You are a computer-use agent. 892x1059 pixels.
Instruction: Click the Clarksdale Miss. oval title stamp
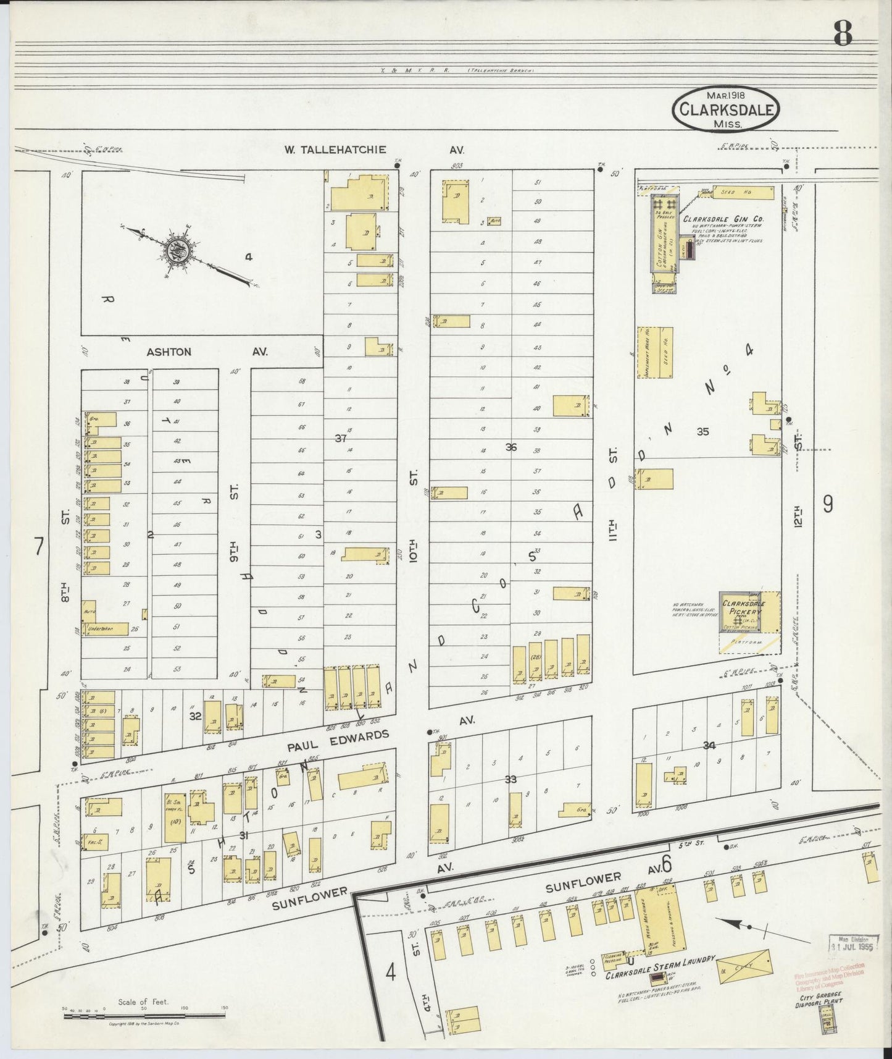tap(725, 109)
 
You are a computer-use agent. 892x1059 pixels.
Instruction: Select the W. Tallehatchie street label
tap(335, 150)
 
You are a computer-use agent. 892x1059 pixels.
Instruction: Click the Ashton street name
tap(169, 352)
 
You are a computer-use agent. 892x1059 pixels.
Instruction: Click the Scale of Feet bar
tap(143, 1012)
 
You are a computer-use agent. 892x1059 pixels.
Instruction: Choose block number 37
tap(340, 438)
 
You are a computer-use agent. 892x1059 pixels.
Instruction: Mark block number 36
tap(511, 447)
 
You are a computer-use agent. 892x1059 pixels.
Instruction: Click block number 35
tap(702, 432)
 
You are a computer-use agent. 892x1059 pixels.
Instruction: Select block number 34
tap(709, 746)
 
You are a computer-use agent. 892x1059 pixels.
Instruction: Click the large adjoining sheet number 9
tap(827, 505)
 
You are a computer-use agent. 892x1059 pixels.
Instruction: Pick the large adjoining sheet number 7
tap(38, 547)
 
